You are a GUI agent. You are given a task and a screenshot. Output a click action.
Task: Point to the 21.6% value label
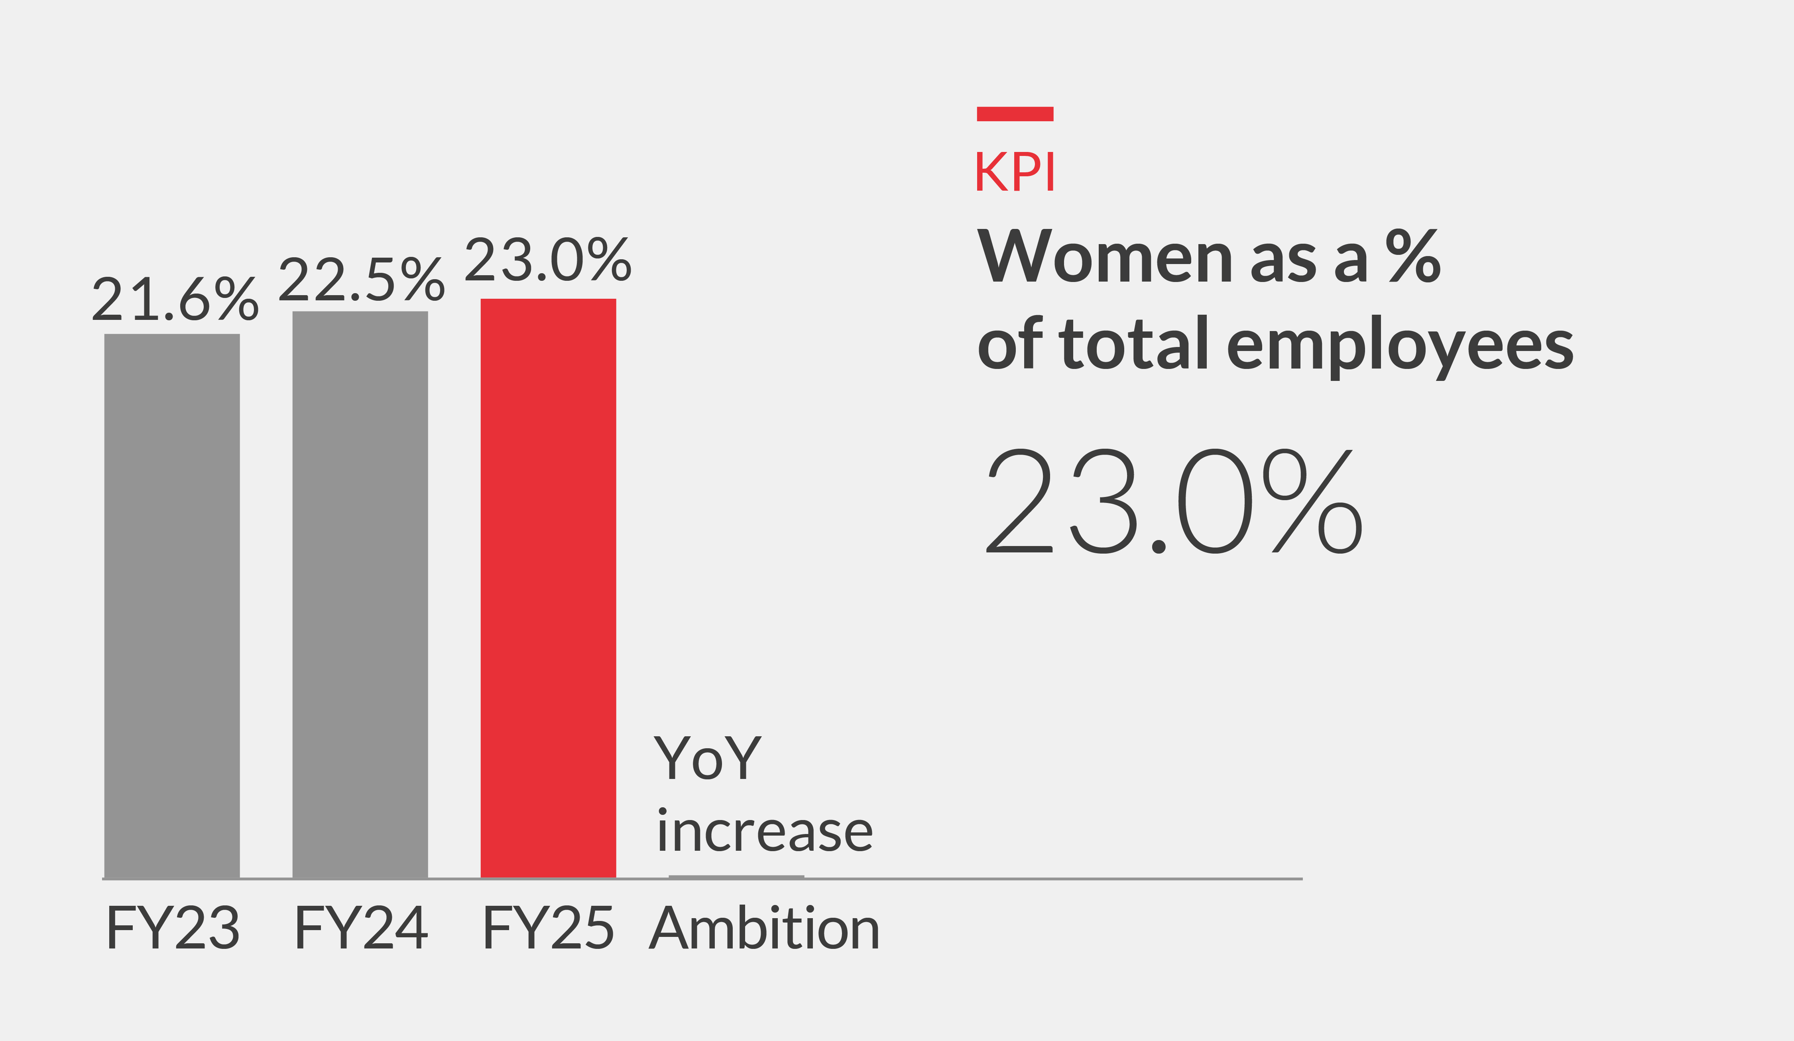coord(175,299)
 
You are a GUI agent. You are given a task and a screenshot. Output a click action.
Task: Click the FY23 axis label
coord(173,928)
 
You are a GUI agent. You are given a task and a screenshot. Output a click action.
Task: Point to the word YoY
coord(707,758)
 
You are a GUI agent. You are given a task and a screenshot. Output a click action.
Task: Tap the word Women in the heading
coord(1104,257)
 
